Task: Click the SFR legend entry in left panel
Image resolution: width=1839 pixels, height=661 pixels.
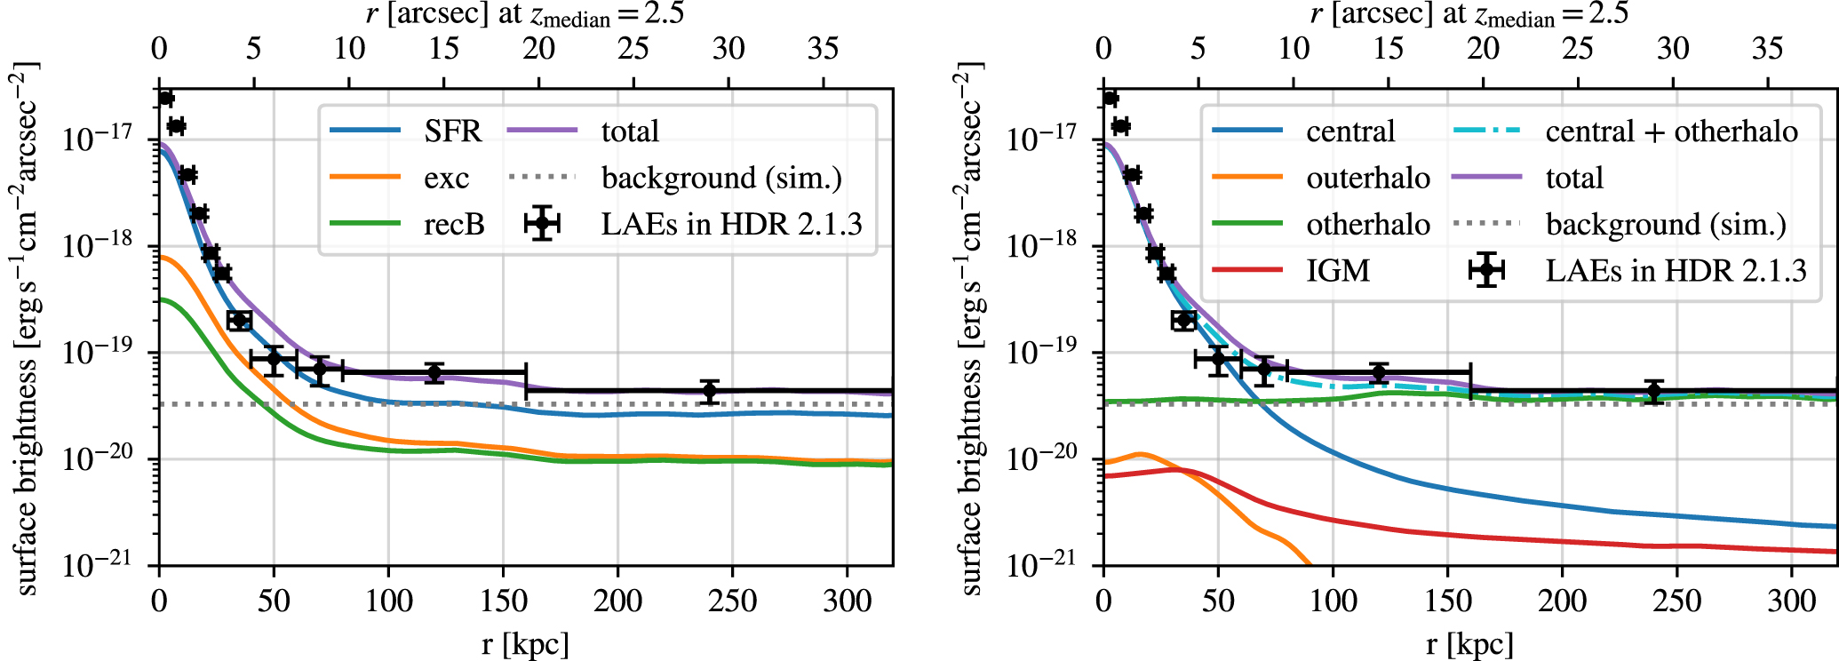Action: click(452, 131)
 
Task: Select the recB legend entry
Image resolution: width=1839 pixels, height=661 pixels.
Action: click(454, 224)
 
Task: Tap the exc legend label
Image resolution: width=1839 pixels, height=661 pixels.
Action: click(446, 178)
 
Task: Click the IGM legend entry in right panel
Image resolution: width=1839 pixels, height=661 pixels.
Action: click(1338, 270)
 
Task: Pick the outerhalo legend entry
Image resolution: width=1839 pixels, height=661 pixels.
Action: click(1367, 178)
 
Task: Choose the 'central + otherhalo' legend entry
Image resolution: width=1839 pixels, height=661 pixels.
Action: click(1671, 131)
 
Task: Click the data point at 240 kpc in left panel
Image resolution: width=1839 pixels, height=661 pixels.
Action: click(709, 390)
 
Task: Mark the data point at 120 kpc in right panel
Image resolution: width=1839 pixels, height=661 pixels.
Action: click(1379, 373)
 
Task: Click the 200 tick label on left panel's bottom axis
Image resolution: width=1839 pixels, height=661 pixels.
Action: click(617, 601)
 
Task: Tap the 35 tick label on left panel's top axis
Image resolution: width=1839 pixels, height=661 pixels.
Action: click(823, 48)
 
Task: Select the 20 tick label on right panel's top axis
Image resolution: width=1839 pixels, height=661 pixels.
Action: click(1483, 48)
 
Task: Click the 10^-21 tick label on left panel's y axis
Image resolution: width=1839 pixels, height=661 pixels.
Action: click(97, 563)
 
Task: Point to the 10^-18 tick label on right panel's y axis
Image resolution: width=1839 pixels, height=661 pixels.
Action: click(1041, 243)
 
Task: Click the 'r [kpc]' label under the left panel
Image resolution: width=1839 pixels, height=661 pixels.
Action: click(525, 643)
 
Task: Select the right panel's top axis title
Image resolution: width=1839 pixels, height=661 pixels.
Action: click(1469, 13)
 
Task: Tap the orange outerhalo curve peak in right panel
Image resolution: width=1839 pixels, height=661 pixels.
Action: click(1139, 455)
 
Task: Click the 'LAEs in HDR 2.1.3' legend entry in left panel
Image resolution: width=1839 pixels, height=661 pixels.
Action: click(731, 224)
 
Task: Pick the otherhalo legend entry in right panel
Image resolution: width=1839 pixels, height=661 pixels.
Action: click(1367, 224)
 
